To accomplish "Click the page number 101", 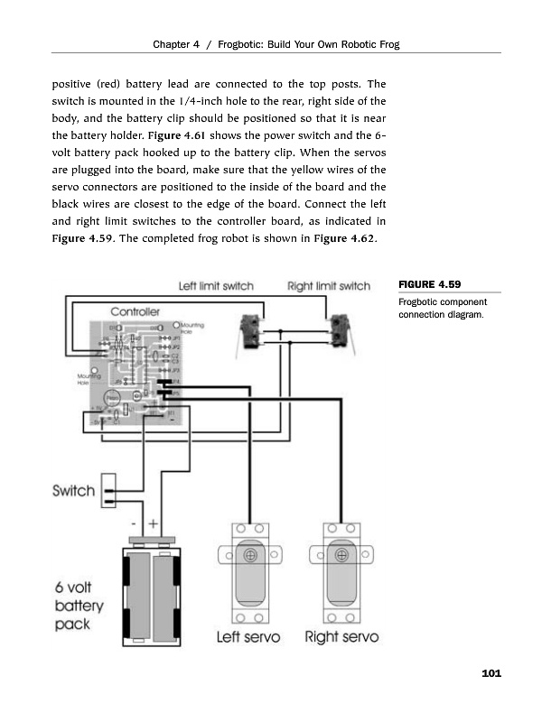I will tap(491, 673).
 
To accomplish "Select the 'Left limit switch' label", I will tap(216, 286).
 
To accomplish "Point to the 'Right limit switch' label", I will tap(329, 286).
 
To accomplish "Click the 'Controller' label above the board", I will tap(135, 311).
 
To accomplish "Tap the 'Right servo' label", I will tap(341, 637).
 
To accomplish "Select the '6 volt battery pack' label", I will tap(79, 605).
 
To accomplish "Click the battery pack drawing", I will tap(151, 592).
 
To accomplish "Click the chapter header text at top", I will tap(275, 44).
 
